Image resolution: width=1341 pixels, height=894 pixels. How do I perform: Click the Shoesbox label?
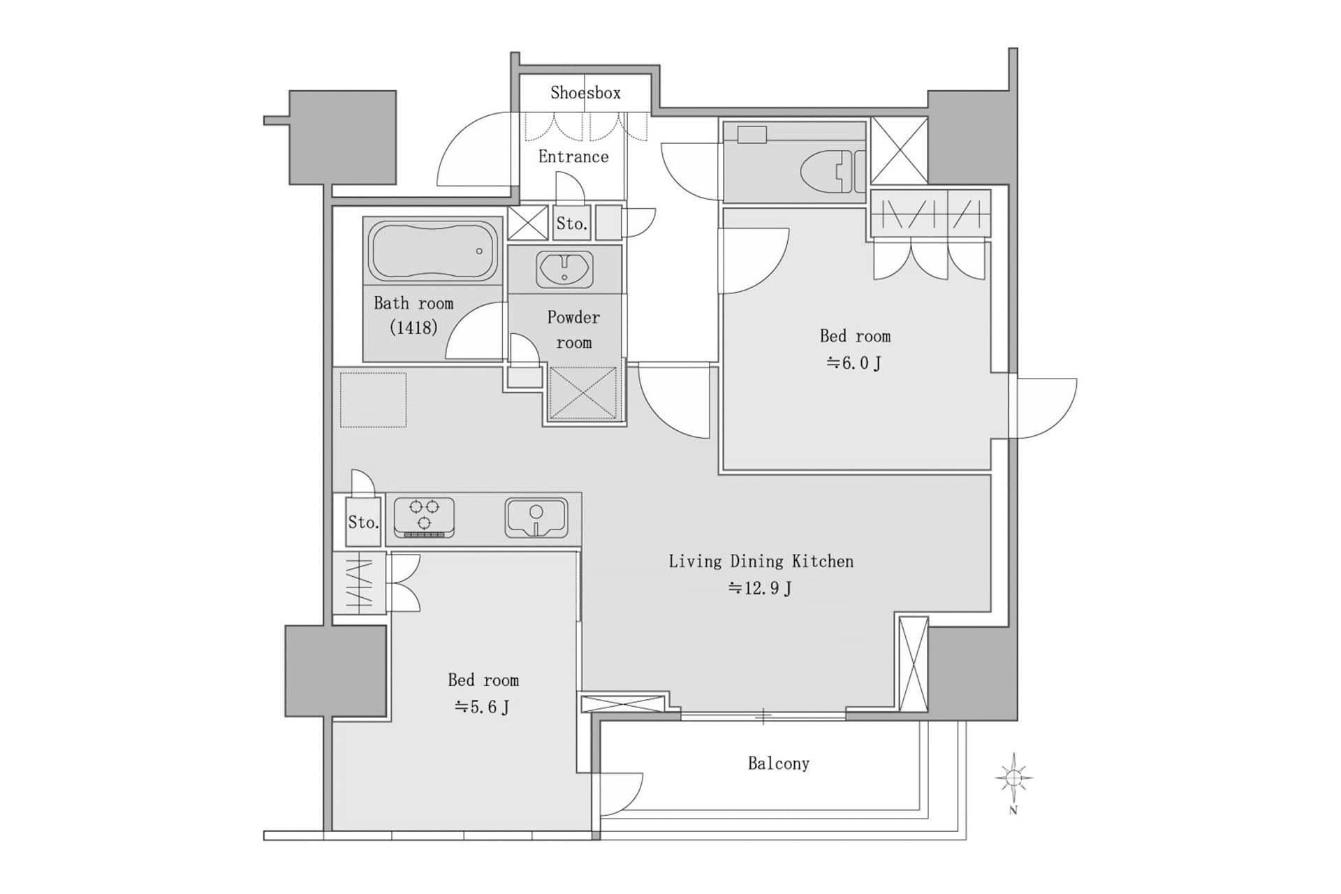pyautogui.click(x=585, y=93)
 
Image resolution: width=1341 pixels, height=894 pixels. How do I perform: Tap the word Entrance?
pyautogui.click(x=573, y=156)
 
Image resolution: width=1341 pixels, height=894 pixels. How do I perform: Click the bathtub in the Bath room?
pyautogui.click(x=433, y=251)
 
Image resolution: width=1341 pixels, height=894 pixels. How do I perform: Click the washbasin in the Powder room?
pyautogui.click(x=564, y=269)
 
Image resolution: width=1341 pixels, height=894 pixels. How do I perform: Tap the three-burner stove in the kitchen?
pyautogui.click(x=424, y=518)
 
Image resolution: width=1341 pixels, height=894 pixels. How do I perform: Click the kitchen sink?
pyautogui.click(x=536, y=518)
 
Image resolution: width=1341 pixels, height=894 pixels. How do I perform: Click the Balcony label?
pyautogui.click(x=778, y=763)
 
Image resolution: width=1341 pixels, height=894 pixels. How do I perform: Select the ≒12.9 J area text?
pyautogui.click(x=760, y=588)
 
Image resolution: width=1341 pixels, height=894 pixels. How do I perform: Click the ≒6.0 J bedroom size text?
pyautogui.click(x=854, y=363)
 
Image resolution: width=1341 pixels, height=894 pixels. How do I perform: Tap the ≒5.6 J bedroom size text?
pyautogui.click(x=482, y=707)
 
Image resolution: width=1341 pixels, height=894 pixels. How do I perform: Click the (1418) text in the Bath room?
pyautogui.click(x=413, y=327)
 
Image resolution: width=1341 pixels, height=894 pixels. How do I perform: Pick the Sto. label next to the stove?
pyautogui.click(x=363, y=522)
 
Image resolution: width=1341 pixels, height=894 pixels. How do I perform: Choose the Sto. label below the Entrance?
pyautogui.click(x=571, y=224)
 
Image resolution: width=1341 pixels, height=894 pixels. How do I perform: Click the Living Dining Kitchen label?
pyautogui.click(x=761, y=562)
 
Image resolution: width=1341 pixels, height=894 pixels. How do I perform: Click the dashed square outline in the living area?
pyautogui.click(x=373, y=400)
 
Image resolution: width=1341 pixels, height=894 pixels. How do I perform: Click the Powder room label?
pyautogui.click(x=573, y=330)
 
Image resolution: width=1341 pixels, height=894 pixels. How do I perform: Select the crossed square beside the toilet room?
pyautogui.click(x=899, y=151)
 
